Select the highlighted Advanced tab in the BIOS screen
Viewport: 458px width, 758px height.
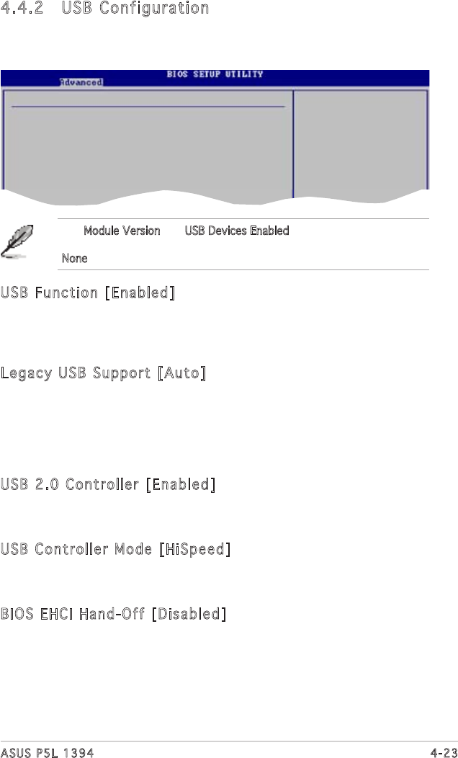pyautogui.click(x=81, y=82)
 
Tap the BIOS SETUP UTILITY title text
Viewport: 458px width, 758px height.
pyautogui.click(x=215, y=74)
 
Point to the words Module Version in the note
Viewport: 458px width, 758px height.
pyautogui.click(x=122, y=231)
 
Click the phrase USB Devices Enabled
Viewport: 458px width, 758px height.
pyautogui.click(x=237, y=231)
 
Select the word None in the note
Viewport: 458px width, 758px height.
pyautogui.click(x=74, y=258)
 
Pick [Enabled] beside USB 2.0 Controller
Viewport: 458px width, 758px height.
pyautogui.click(x=180, y=484)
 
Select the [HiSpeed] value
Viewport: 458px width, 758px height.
pyautogui.click(x=194, y=549)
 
